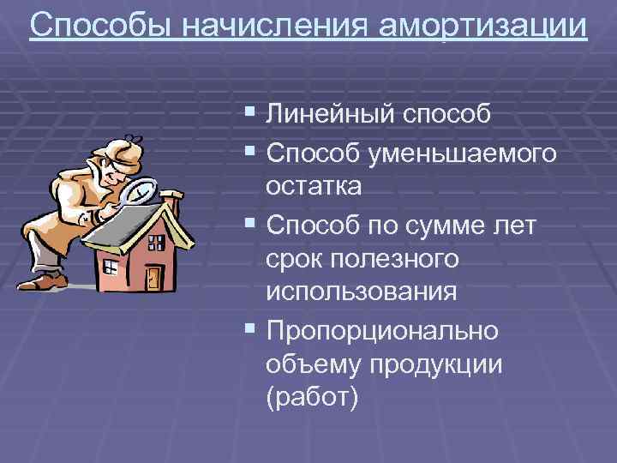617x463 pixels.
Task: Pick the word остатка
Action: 314,186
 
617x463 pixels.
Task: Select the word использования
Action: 361,292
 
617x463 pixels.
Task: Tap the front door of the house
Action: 153,277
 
